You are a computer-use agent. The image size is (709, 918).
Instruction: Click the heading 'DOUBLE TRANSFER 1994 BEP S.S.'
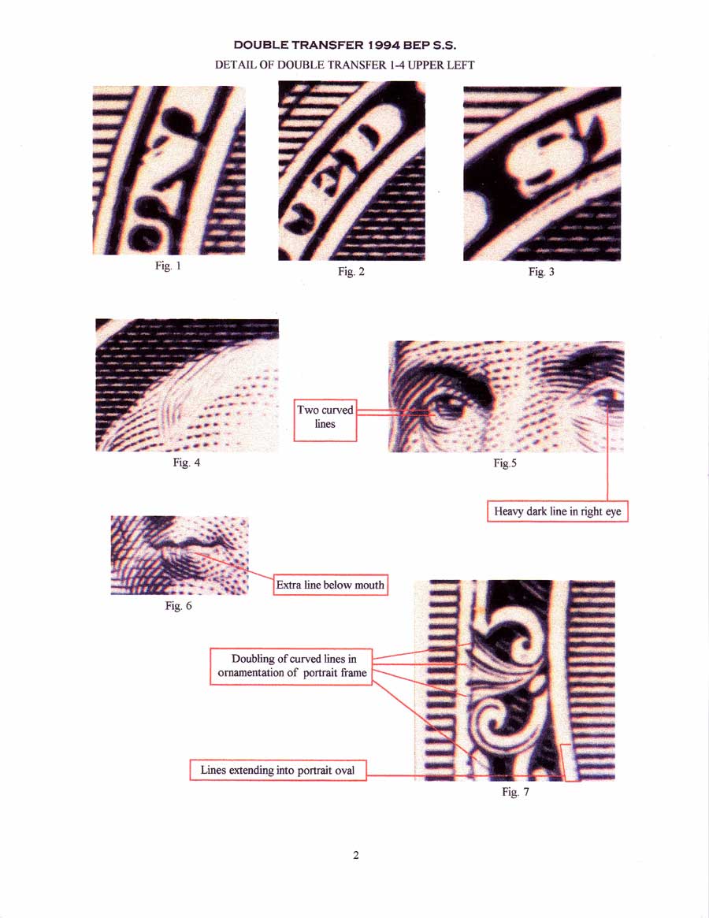[345, 45]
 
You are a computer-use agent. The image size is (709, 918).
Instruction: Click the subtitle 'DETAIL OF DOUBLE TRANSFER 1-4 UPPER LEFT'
[344, 65]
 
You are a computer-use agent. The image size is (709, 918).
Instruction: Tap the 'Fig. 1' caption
[168, 266]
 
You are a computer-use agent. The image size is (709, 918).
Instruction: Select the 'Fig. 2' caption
[351, 272]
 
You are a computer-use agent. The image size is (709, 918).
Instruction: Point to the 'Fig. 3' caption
[541, 272]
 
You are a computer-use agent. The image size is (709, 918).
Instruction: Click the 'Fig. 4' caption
[186, 463]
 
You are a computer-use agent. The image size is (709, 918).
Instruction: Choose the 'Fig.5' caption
[505, 463]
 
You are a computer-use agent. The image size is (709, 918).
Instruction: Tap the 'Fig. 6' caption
[179, 606]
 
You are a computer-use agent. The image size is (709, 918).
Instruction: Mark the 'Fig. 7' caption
[515, 792]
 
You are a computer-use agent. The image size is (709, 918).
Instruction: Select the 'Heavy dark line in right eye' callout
[558, 511]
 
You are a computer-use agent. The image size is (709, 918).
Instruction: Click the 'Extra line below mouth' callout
[330, 585]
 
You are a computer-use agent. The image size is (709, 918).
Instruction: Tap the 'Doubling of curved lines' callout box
[291, 667]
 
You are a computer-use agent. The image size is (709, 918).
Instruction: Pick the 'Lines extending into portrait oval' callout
[278, 770]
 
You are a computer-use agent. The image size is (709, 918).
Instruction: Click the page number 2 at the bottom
[355, 856]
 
